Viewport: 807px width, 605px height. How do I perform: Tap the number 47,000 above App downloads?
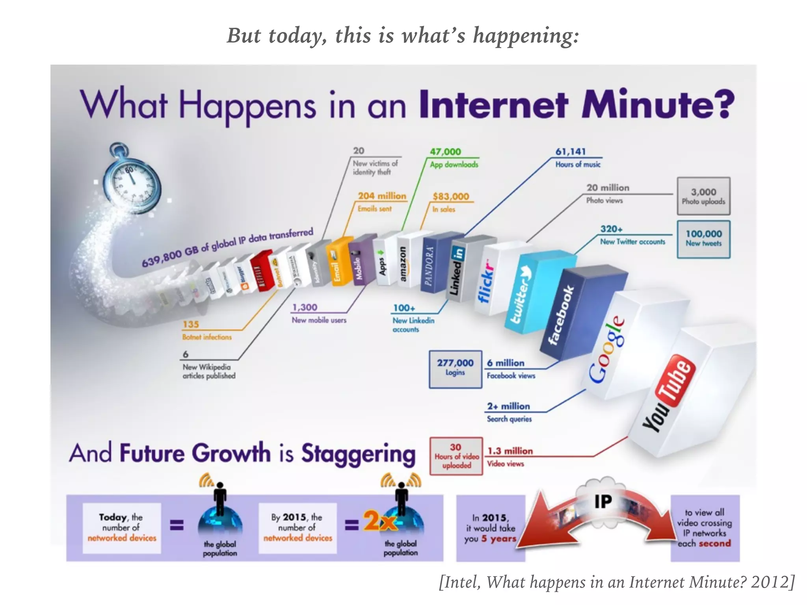445,152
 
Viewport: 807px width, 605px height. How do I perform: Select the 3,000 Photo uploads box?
703,196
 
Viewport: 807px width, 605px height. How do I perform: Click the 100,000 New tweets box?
703,239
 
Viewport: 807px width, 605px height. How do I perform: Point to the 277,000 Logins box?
455,369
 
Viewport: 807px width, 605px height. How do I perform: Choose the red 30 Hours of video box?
456,456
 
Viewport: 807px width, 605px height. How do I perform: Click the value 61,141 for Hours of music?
571,152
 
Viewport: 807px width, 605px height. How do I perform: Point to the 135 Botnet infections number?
191,324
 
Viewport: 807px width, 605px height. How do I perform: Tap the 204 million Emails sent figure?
381,196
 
